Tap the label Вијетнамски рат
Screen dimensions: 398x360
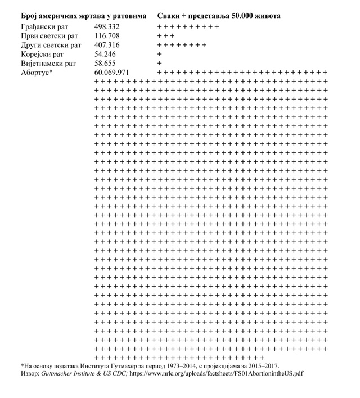point(48,63)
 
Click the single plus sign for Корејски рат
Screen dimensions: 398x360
point(159,54)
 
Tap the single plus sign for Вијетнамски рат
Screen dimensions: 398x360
point(159,64)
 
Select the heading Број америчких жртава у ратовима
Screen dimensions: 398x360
point(83,16)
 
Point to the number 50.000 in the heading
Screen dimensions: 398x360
point(240,16)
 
